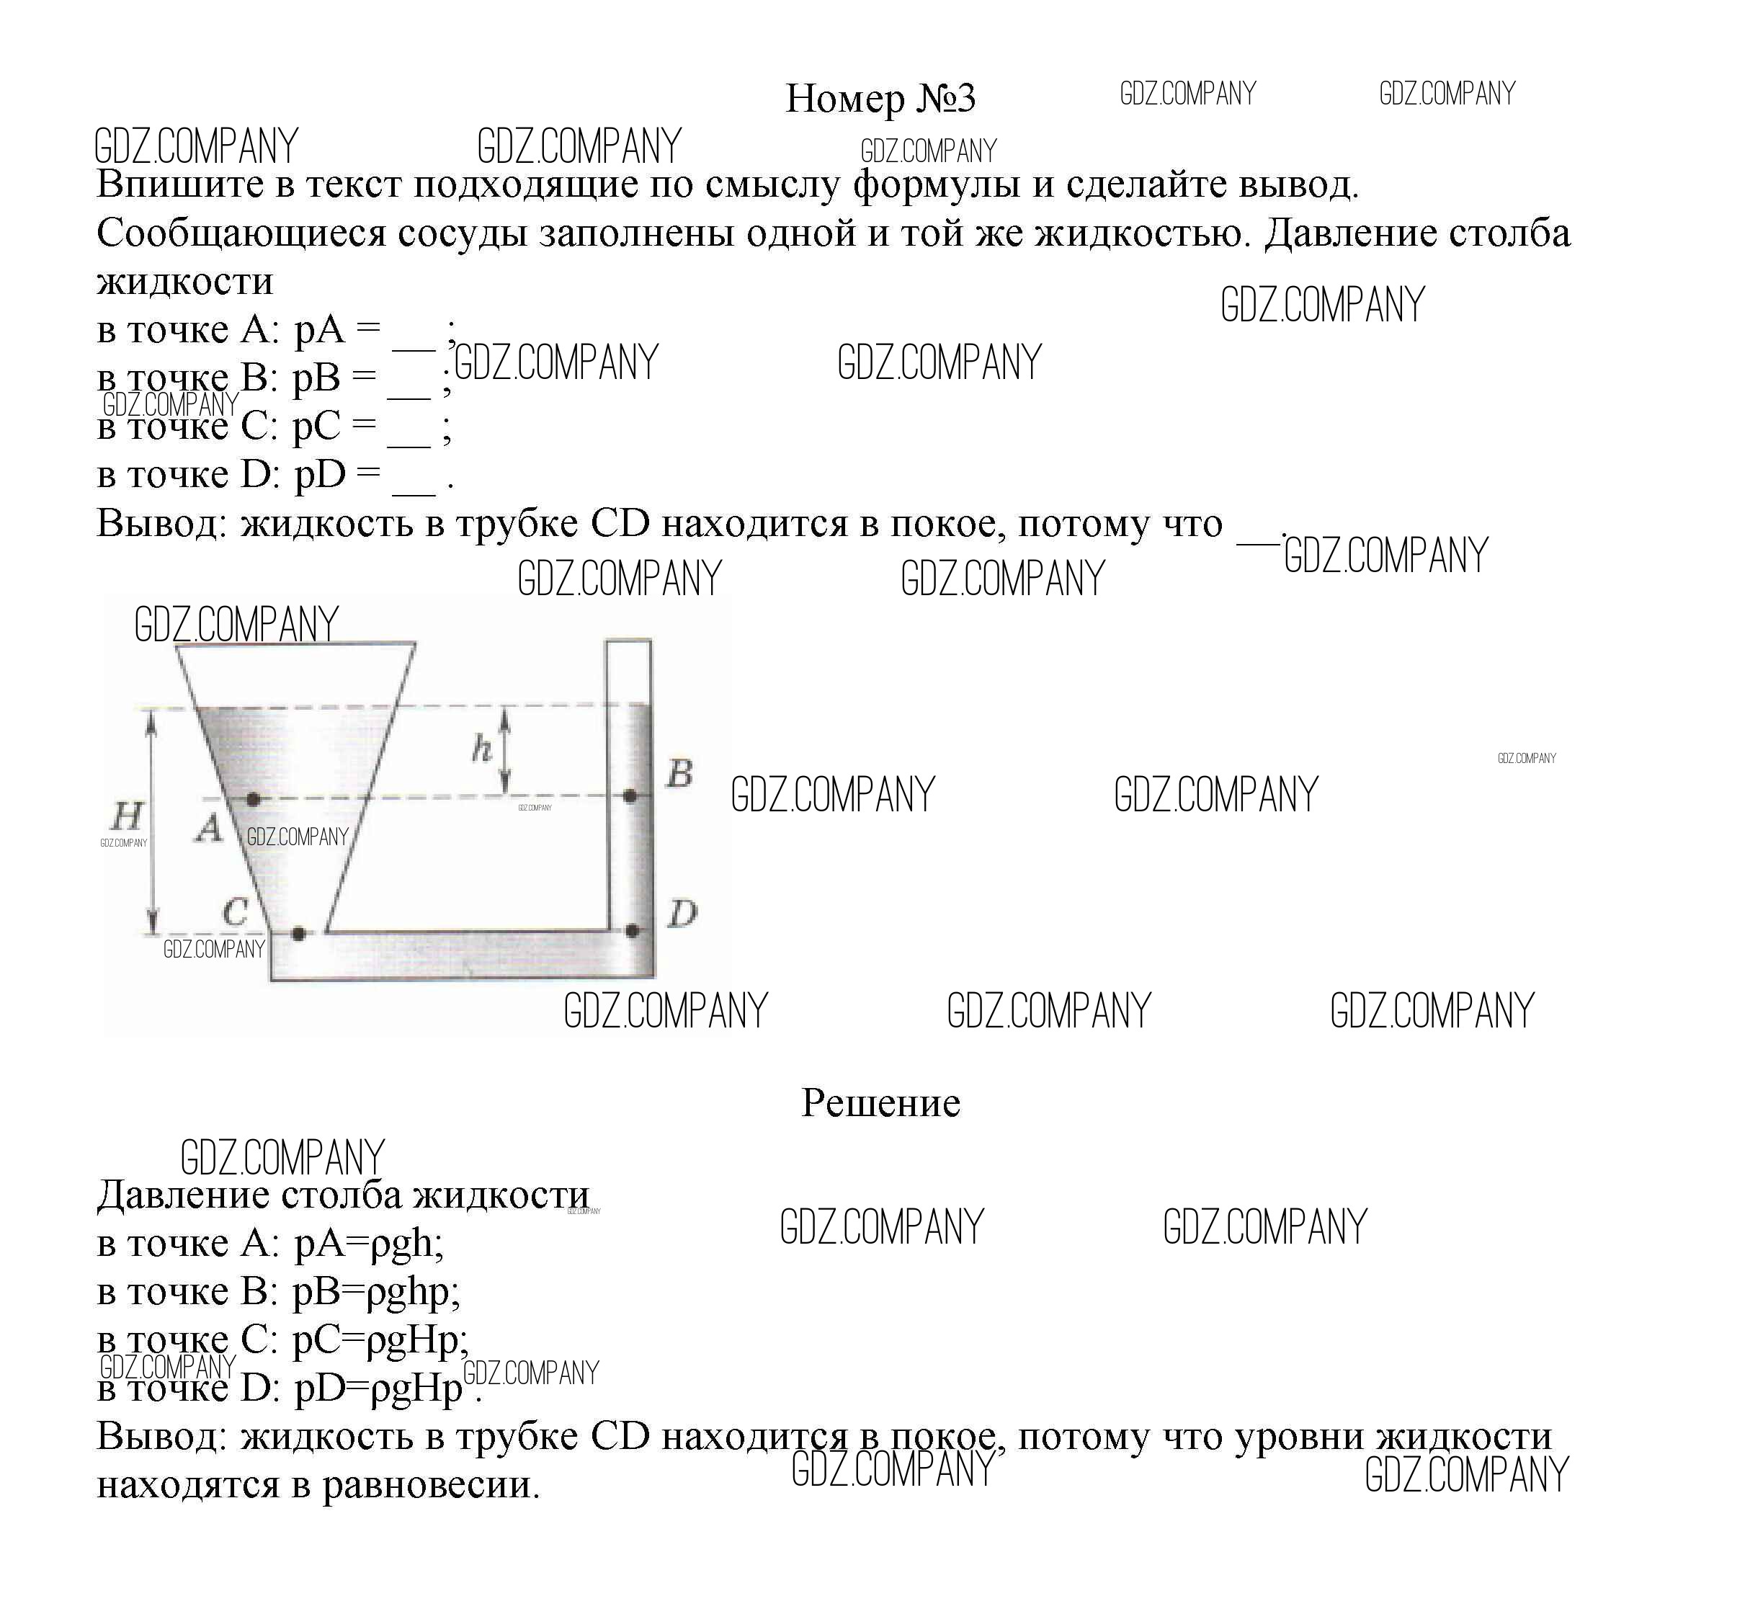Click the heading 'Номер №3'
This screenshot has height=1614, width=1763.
pyautogui.click(x=880, y=98)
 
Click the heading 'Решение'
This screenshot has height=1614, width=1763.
pyautogui.click(x=880, y=1102)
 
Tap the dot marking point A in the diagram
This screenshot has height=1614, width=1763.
pyautogui.click(x=253, y=800)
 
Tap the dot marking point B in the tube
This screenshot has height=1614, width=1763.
pyautogui.click(x=630, y=797)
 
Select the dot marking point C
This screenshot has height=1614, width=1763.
pyautogui.click(x=298, y=933)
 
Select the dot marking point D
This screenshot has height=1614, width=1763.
pyautogui.click(x=633, y=931)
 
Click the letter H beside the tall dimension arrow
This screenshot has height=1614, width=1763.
pyautogui.click(x=127, y=816)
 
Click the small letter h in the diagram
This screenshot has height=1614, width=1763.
pyautogui.click(x=481, y=749)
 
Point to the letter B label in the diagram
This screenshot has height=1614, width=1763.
pyautogui.click(x=679, y=773)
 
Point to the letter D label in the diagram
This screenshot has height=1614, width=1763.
pyautogui.click(x=682, y=914)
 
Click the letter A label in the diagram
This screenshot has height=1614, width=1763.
pyautogui.click(x=208, y=828)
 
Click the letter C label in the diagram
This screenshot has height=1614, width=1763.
pyautogui.click(x=234, y=912)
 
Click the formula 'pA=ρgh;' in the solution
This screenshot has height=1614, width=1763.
pyautogui.click(x=368, y=1243)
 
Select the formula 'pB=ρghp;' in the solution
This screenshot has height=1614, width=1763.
pyautogui.click(x=376, y=1291)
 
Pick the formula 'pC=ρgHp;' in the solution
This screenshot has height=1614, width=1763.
pyautogui.click(x=380, y=1339)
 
